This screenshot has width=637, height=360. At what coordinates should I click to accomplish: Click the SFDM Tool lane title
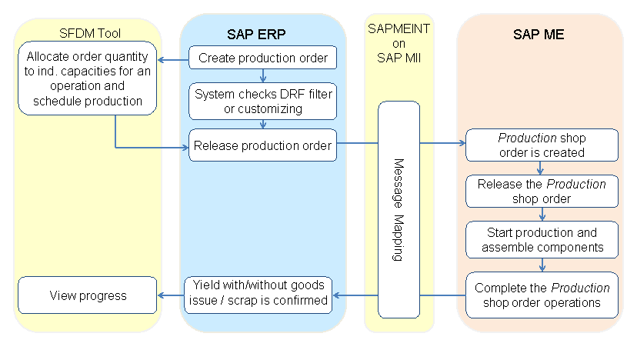(x=90, y=33)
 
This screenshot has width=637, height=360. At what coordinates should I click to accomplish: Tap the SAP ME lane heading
(x=539, y=35)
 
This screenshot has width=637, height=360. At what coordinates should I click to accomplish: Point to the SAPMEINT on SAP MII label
(x=399, y=44)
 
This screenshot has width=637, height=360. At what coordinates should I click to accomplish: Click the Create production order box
(x=263, y=57)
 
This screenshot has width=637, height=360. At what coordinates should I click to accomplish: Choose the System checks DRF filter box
(x=263, y=101)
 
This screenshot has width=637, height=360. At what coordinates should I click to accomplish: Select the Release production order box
(x=263, y=145)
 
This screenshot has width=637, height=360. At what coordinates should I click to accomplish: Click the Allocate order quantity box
(x=88, y=78)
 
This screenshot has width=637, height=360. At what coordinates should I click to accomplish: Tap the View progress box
(x=88, y=295)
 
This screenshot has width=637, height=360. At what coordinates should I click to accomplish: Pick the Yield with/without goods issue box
(x=257, y=293)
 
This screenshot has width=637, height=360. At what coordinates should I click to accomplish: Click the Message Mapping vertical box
(x=399, y=209)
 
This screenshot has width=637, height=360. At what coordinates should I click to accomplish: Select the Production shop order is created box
(x=542, y=145)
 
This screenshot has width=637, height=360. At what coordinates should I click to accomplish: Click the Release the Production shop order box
(x=542, y=192)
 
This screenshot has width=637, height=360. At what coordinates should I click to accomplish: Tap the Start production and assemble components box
(x=542, y=239)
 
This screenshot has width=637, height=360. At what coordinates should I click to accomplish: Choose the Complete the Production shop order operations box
(x=542, y=295)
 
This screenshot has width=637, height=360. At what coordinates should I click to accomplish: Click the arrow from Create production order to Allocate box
(x=173, y=57)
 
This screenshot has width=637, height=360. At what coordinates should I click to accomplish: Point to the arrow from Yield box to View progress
(x=170, y=295)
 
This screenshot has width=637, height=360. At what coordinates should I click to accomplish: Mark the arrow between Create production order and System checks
(x=263, y=75)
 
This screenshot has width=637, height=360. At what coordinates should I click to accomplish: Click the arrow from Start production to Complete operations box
(x=542, y=265)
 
